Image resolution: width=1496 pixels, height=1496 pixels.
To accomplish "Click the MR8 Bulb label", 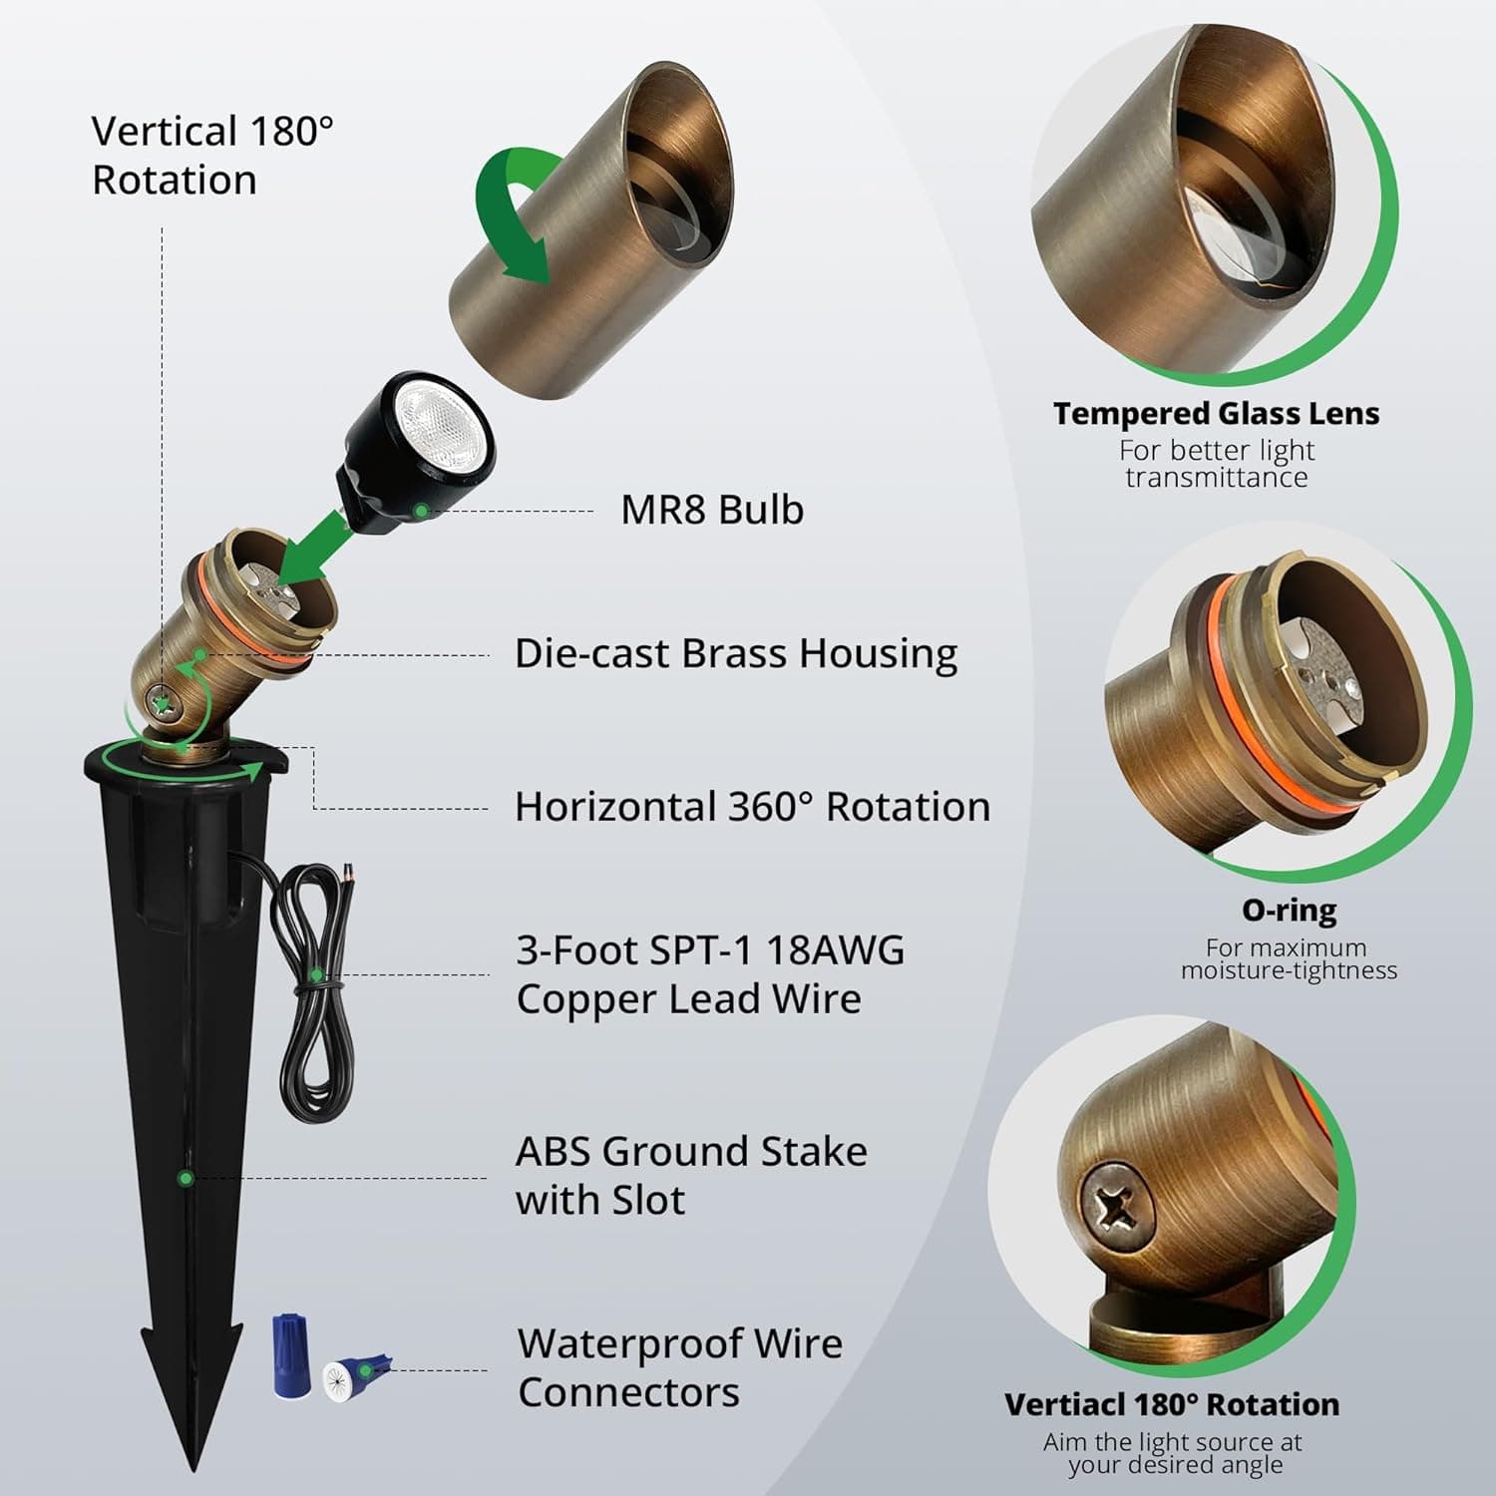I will click(711, 510).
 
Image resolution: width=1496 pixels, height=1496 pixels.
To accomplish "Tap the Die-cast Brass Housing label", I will click(735, 654).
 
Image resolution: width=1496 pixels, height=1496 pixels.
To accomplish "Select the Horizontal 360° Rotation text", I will click(752, 807).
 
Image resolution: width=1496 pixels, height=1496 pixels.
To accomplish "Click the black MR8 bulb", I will click(419, 449).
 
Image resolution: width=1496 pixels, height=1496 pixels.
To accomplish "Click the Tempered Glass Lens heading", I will click(1216, 414).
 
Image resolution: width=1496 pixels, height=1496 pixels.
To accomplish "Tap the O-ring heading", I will click(1289, 910).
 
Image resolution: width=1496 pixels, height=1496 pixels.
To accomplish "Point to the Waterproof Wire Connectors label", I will click(679, 1367).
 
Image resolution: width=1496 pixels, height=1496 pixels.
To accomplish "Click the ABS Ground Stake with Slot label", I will click(690, 1175).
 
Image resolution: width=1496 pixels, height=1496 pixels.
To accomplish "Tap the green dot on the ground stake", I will click(185, 1178).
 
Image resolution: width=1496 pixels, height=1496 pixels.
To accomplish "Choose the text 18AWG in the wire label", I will click(836, 950).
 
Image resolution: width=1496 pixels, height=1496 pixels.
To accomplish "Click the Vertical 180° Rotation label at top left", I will click(212, 156).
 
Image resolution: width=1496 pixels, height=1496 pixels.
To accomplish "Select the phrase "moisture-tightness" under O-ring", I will click(1289, 970).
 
